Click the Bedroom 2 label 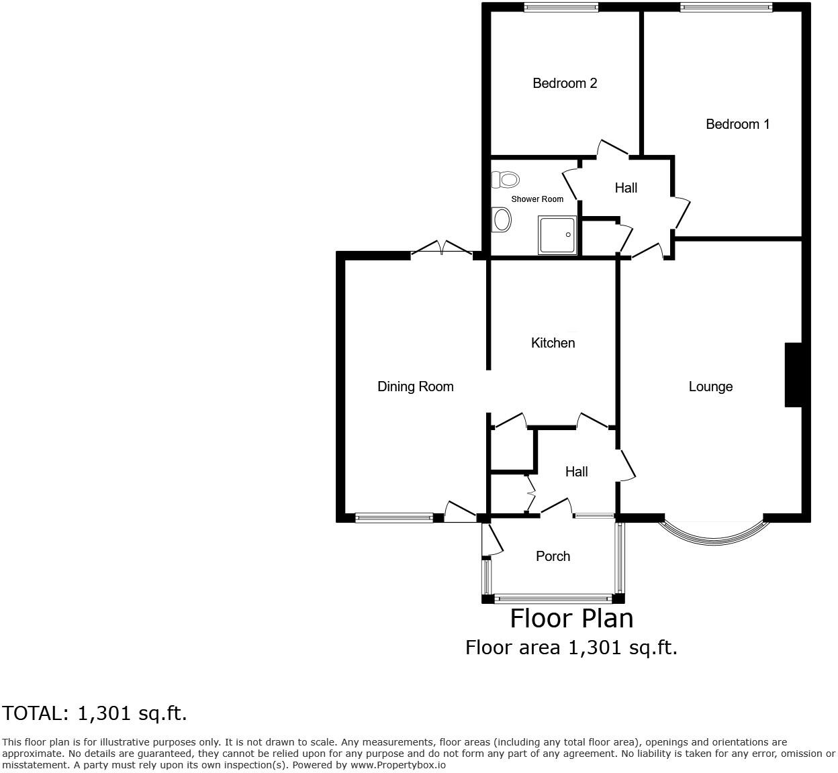pos(565,83)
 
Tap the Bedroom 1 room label pos(737,124)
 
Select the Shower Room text pos(537,199)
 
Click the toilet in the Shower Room pos(506,179)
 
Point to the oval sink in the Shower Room pos(501,219)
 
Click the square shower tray pos(557,235)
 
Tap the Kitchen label pos(553,343)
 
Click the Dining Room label pos(415,386)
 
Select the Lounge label pos(710,386)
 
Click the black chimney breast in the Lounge pos(793,375)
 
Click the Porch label pos(553,556)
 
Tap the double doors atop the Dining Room pos(441,249)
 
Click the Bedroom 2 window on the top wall pos(561,8)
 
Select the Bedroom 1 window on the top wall pos(726,8)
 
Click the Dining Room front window pos(394,517)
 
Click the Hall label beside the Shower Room pos(626,188)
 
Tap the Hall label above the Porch pos(576,472)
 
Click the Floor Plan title pos(571,618)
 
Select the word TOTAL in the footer pos(34,713)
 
